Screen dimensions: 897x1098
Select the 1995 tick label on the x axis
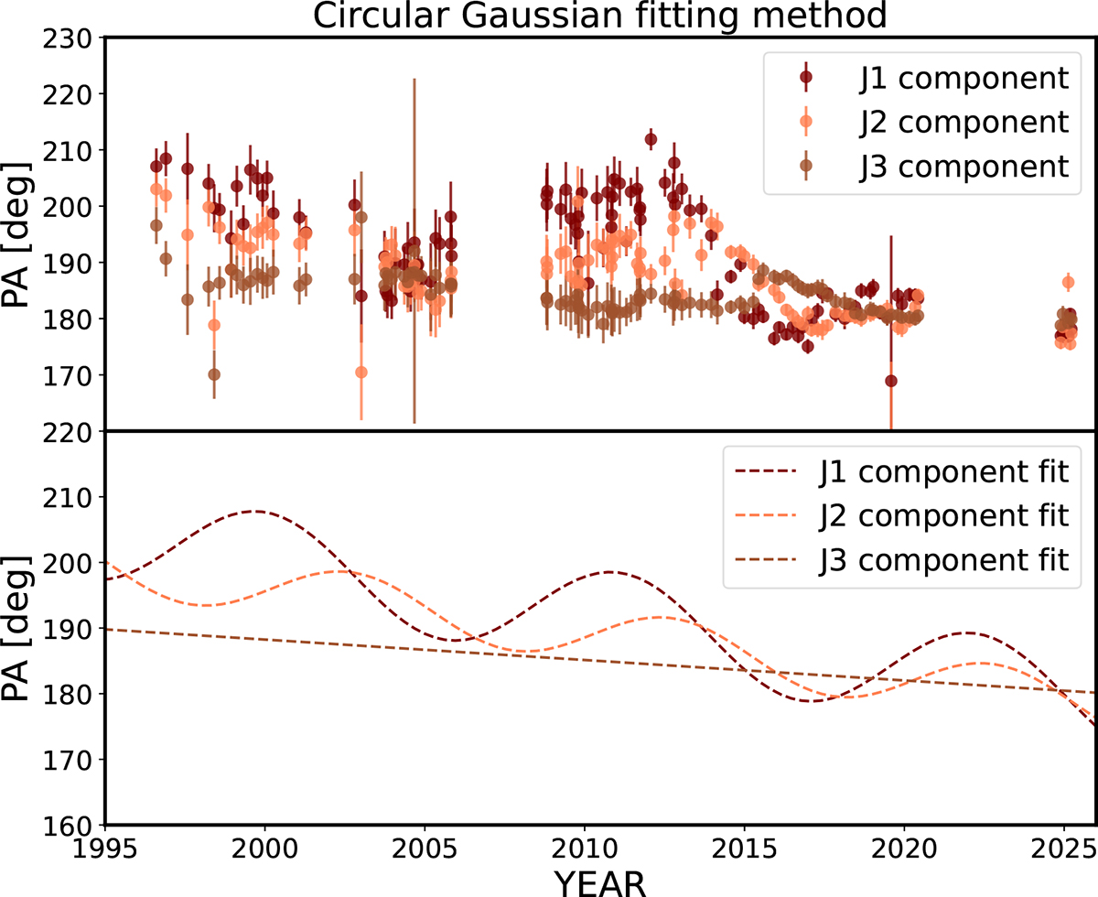[106, 845]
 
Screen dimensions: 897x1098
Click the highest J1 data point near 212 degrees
[651, 140]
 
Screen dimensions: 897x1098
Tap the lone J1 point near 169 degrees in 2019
[891, 381]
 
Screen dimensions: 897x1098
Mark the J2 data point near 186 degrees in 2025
[1068, 282]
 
